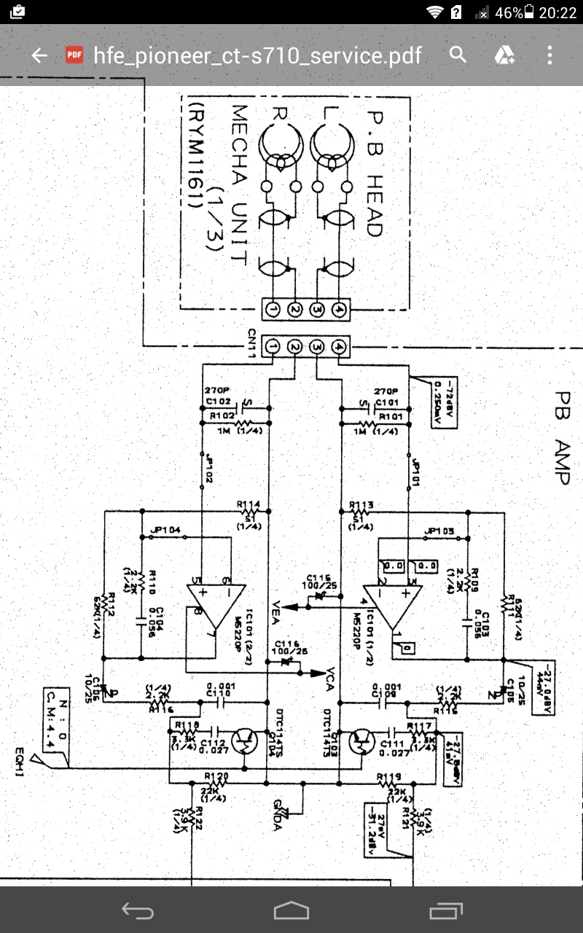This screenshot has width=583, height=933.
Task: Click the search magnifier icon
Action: [458, 55]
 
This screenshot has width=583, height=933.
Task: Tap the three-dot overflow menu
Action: [549, 55]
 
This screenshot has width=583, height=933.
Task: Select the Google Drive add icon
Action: [504, 55]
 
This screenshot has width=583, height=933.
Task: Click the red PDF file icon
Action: [73, 55]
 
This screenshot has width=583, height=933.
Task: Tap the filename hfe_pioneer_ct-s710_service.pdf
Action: [257, 55]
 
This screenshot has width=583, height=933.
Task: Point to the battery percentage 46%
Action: [509, 13]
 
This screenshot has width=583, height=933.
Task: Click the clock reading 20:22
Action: [557, 13]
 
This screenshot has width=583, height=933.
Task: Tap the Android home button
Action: [291, 910]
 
